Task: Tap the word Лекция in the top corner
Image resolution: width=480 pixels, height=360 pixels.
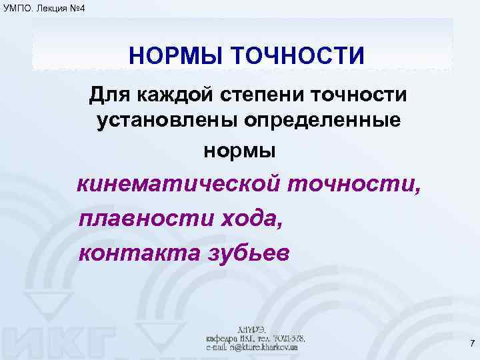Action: tap(51, 7)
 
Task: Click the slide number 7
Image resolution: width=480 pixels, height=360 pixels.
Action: tap(472, 344)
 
